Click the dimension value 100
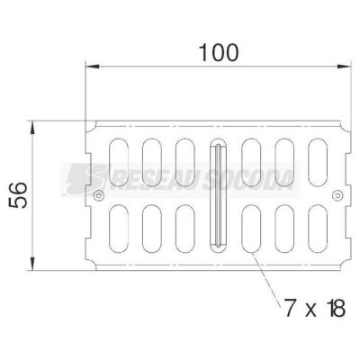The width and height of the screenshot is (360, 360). point(219,53)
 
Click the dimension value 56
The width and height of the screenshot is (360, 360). point(18,195)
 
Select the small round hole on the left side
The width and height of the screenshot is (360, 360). point(99,195)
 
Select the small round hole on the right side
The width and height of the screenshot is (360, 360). point(337,195)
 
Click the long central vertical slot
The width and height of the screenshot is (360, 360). point(218,195)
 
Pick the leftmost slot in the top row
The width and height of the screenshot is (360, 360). point(119,162)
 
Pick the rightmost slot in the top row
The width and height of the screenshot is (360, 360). point(318,162)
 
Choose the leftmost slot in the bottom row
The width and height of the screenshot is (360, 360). point(119,229)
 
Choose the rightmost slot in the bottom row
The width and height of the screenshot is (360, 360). point(318,229)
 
